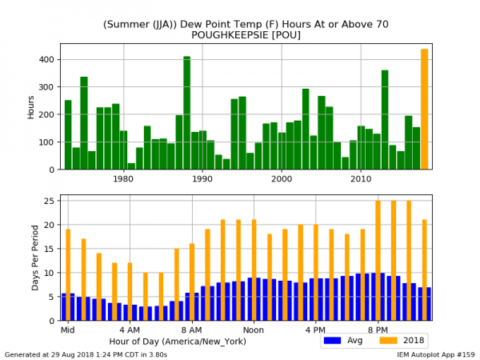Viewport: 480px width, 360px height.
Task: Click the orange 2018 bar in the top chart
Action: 425,109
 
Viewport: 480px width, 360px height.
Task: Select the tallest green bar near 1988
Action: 186,113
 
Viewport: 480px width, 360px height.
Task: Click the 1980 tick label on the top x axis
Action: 123,179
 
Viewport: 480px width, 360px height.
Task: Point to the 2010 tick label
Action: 361,179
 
